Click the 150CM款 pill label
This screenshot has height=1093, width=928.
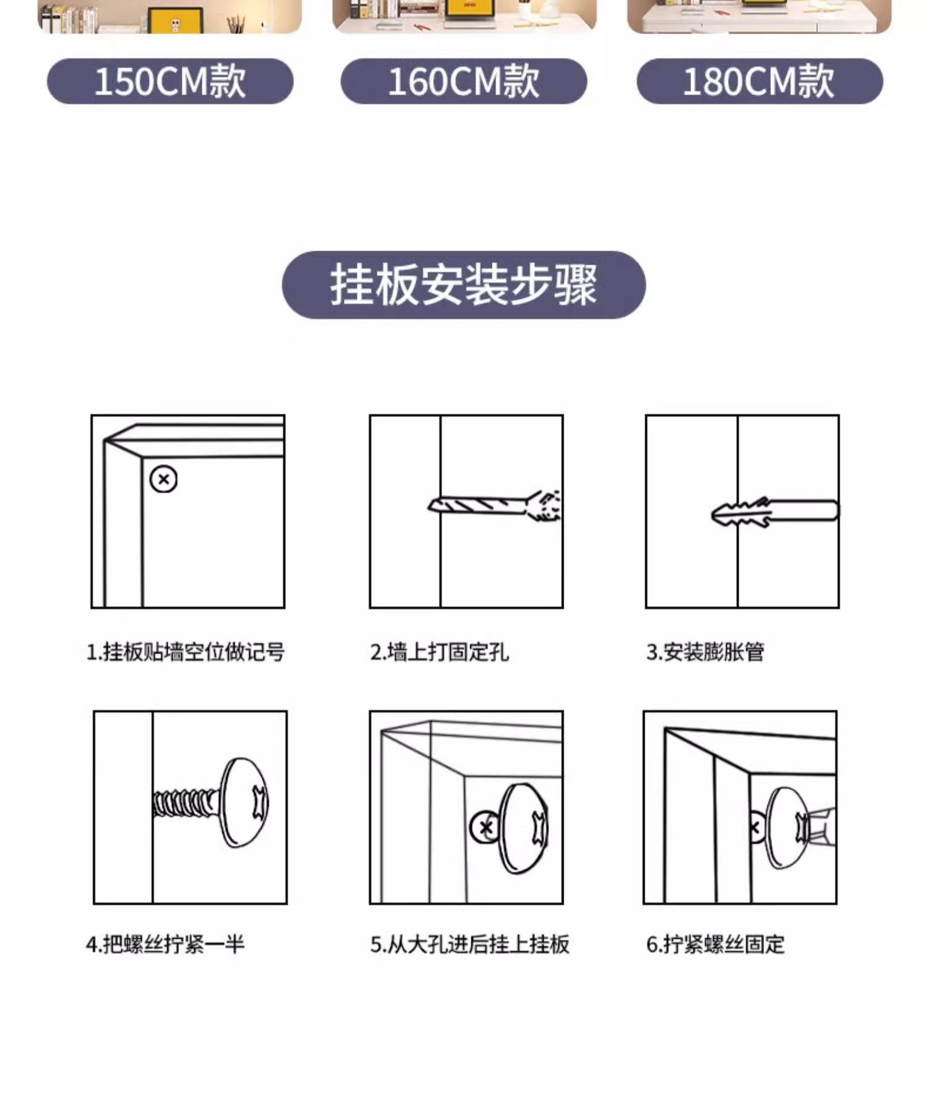pyautogui.click(x=170, y=81)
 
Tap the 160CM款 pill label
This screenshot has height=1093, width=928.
pyautogui.click(x=464, y=81)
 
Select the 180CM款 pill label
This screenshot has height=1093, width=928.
pyautogui.click(x=760, y=81)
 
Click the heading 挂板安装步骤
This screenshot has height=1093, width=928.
pyautogui.click(x=463, y=285)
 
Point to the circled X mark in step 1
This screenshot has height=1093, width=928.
pyautogui.click(x=163, y=479)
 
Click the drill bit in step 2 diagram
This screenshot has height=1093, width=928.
pyautogui.click(x=495, y=505)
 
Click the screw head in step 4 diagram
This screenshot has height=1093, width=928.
pyautogui.click(x=245, y=802)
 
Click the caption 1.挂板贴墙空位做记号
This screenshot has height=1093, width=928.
pyautogui.click(x=186, y=652)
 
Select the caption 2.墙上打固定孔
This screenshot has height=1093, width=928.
pyautogui.click(x=439, y=652)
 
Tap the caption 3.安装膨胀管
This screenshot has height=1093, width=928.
pyautogui.click(x=705, y=652)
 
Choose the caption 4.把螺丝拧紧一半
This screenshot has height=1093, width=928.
pyautogui.click(x=165, y=945)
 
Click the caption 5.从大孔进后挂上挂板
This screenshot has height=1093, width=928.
pyautogui.click(x=470, y=945)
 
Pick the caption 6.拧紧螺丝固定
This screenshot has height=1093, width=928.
pyautogui.click(x=715, y=945)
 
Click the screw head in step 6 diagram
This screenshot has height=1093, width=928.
pyautogui.click(x=788, y=828)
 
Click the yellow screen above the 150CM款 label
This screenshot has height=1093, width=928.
pyautogui.click(x=176, y=20)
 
